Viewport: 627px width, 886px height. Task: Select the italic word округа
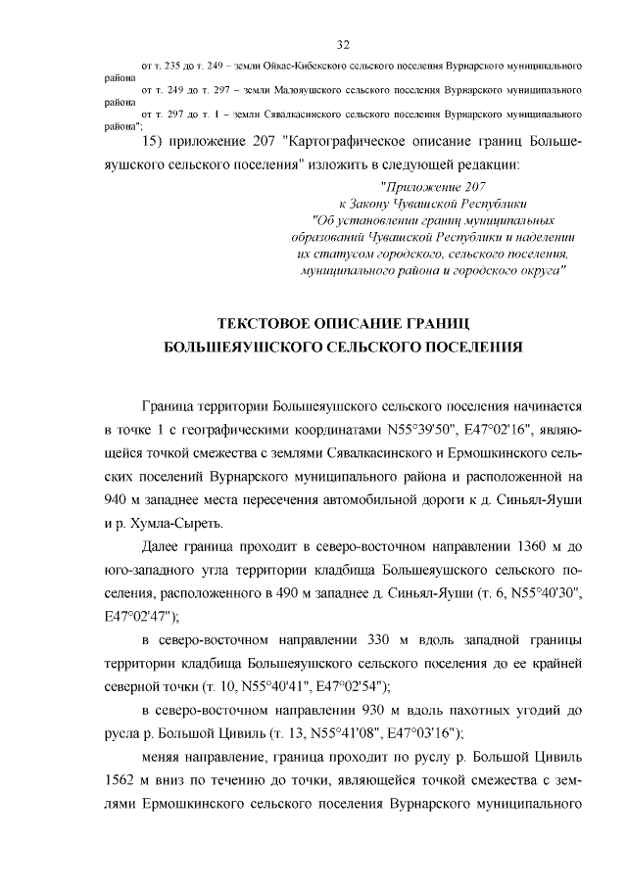(x=540, y=267)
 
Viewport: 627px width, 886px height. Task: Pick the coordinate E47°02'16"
(x=506, y=429)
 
